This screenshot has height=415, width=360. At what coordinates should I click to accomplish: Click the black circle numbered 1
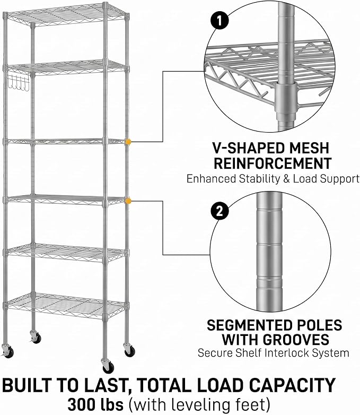(219, 21)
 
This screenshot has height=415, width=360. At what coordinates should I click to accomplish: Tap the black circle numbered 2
(220, 211)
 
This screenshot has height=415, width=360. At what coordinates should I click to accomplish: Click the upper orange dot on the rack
(128, 142)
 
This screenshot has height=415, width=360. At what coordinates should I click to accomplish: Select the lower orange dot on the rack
(128, 201)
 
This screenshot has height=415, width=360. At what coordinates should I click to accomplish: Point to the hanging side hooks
(18, 83)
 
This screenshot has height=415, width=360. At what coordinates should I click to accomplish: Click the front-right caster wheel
(109, 367)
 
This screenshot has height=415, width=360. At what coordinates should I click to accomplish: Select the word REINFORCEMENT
(273, 163)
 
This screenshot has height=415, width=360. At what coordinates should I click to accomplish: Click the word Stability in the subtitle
(259, 179)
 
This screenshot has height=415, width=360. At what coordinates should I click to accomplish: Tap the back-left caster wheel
(36, 337)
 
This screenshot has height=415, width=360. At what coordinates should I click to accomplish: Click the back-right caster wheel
(129, 350)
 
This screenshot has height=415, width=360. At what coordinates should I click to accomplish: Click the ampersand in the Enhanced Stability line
(286, 179)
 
